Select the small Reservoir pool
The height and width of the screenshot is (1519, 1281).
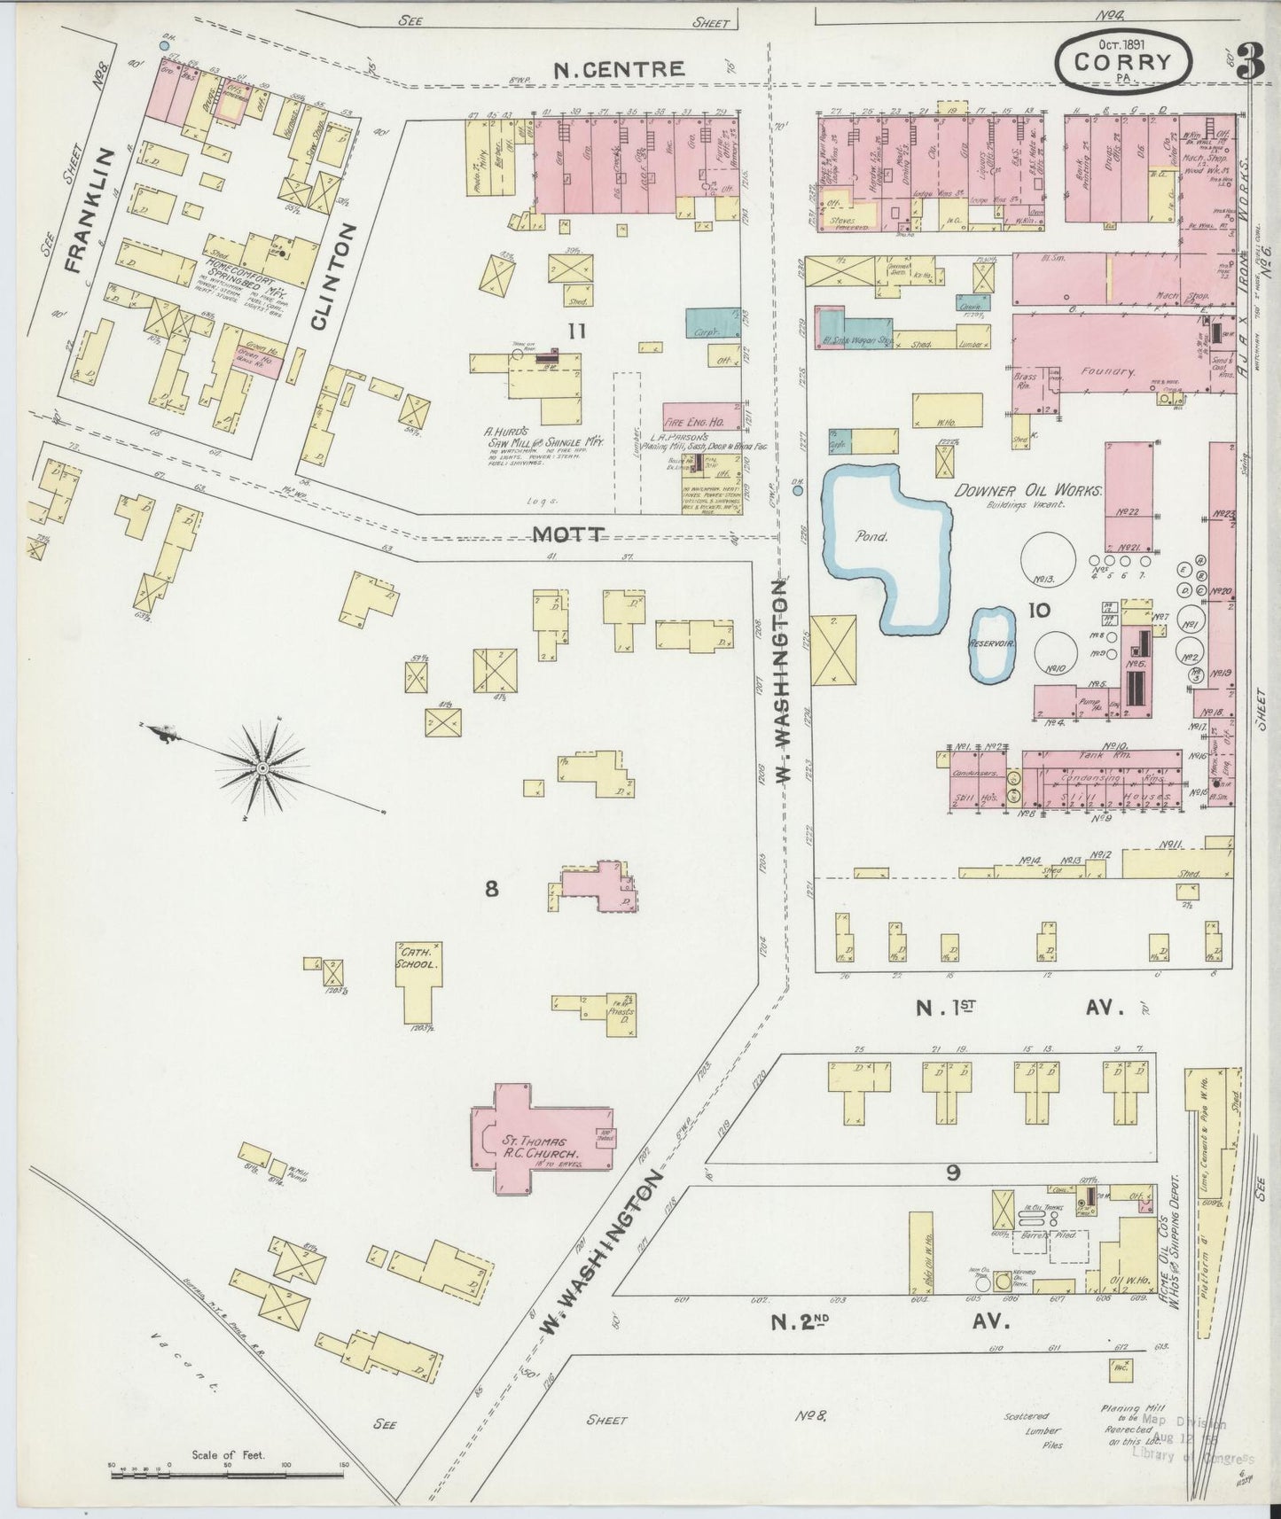[x=991, y=644]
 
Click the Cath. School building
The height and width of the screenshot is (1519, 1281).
[x=417, y=979]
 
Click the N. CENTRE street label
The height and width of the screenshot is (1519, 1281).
[x=618, y=69]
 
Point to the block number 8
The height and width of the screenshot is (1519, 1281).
[x=490, y=888]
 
